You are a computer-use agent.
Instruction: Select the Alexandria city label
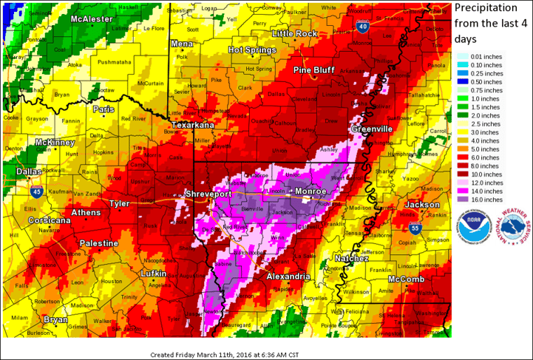(288, 276)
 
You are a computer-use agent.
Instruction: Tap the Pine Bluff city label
(314, 69)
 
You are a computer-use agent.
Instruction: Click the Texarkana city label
(193, 126)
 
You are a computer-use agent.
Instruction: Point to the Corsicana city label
(50, 221)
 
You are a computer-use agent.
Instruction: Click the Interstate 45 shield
(36, 192)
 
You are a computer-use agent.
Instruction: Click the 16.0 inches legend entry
(481, 198)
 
